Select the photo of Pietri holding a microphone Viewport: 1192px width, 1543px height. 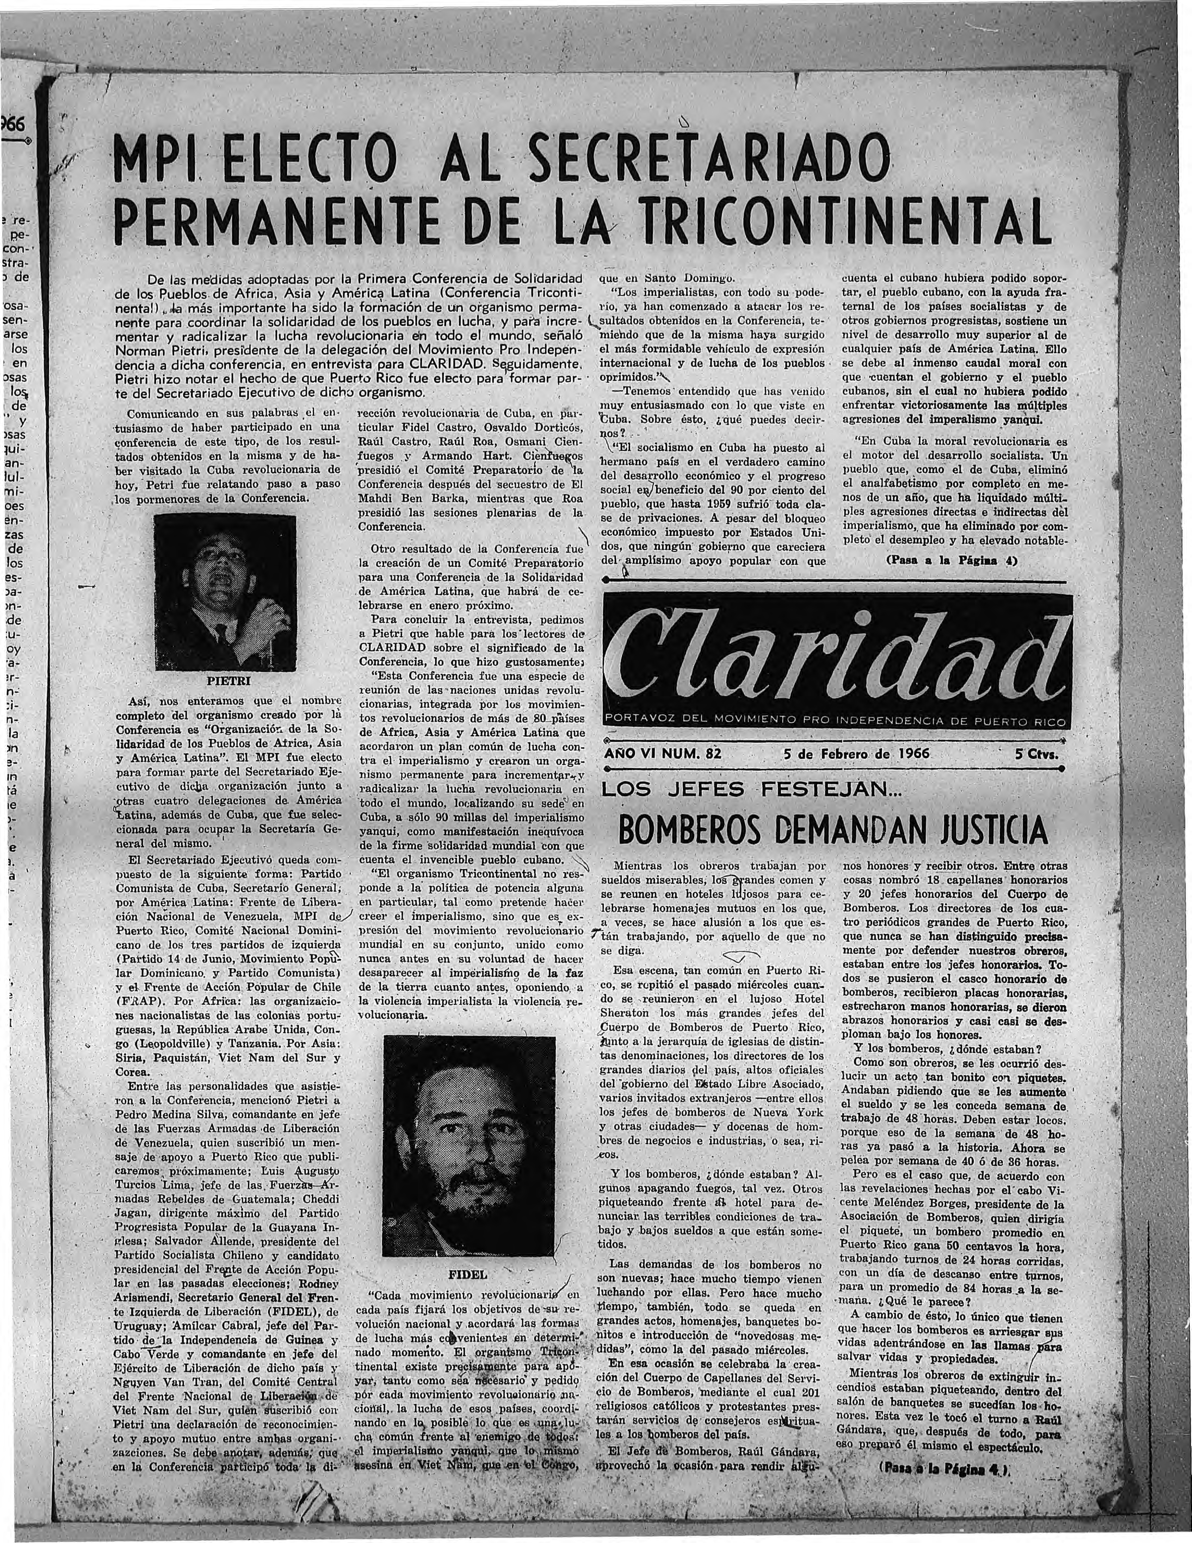(224, 591)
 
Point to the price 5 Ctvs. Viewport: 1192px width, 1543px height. (1037, 753)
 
